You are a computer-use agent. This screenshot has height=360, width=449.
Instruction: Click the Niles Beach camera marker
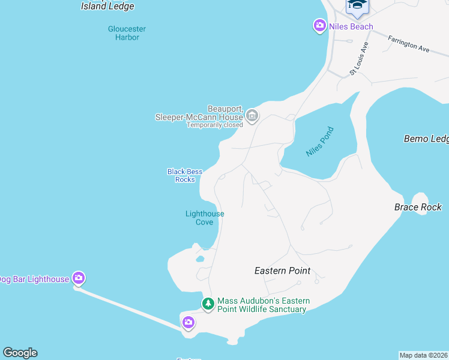[319, 26]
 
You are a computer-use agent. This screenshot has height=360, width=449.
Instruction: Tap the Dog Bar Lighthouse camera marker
[79, 278]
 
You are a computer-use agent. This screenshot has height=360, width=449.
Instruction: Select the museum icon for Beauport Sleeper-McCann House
[252, 115]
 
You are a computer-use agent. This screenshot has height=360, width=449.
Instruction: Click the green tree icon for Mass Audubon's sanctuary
[208, 304]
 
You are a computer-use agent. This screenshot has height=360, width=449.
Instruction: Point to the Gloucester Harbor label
[127, 33]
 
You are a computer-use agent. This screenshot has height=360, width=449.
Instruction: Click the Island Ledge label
[107, 7]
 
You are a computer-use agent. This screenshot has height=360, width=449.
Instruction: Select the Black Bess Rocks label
[185, 175]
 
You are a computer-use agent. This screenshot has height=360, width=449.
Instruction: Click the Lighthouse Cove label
[205, 218]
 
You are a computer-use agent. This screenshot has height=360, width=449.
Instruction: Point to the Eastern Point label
[282, 271]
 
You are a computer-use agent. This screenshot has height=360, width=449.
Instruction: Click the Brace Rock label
[418, 208]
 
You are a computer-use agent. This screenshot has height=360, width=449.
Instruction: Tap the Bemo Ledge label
[426, 139]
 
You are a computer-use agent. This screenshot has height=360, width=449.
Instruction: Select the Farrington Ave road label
[408, 44]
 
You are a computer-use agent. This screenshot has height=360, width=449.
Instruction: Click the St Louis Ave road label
[358, 58]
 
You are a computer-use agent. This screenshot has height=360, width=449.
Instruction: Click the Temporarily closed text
[214, 125]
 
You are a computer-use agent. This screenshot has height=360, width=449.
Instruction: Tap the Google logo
[20, 353]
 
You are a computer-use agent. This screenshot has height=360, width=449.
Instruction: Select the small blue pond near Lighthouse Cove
[200, 259]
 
